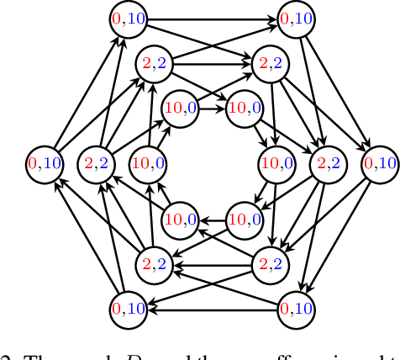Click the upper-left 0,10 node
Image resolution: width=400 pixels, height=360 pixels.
click(x=130, y=19)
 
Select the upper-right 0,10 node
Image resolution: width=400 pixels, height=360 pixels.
click(x=297, y=19)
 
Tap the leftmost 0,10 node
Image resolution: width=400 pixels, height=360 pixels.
click(x=45, y=162)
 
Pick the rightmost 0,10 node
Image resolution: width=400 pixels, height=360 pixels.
click(x=380, y=162)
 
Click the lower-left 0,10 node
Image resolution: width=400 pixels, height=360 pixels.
click(x=130, y=308)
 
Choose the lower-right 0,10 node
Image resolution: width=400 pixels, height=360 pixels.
click(x=297, y=308)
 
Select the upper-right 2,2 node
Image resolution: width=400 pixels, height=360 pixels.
click(x=271, y=63)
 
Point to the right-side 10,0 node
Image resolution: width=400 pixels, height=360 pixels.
click(x=276, y=162)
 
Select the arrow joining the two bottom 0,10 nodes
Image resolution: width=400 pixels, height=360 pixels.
click(x=213, y=308)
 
